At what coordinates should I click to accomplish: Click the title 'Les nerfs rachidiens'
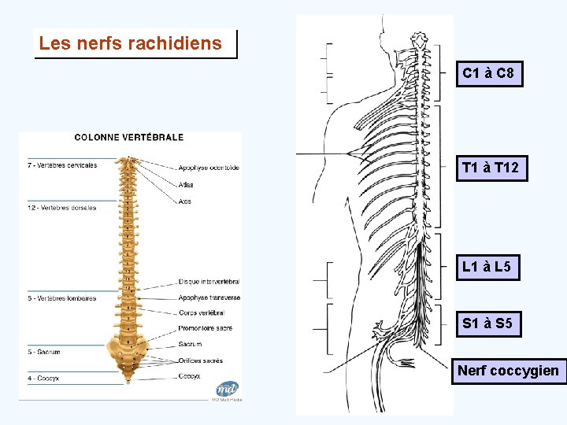[x=131, y=44]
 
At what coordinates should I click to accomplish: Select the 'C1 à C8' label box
[x=488, y=74]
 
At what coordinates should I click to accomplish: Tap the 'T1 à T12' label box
[x=491, y=168]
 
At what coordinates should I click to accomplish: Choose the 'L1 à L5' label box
[x=487, y=268]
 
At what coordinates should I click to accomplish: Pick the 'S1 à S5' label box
[x=487, y=323]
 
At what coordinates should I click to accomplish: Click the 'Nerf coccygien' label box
[x=508, y=371]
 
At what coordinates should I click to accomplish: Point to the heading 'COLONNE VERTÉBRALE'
[x=129, y=137]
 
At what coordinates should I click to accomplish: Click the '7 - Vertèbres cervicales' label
[x=62, y=165]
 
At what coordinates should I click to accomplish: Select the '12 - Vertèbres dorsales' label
[x=61, y=208]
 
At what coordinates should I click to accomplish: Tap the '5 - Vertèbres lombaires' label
[x=61, y=298]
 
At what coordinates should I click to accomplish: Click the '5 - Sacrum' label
[x=44, y=352]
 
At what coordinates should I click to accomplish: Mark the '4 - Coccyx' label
[x=43, y=379]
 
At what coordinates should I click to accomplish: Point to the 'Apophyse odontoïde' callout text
[x=208, y=168]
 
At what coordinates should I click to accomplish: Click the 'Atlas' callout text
[x=186, y=185]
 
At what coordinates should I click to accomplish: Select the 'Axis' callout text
[x=184, y=201]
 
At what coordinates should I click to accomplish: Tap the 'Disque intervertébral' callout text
[x=209, y=282]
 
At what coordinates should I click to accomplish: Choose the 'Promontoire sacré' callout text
[x=205, y=328]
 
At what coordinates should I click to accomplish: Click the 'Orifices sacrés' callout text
[x=200, y=361]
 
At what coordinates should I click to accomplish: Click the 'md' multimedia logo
[x=228, y=389]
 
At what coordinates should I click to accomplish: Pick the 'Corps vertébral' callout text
[x=201, y=313]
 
